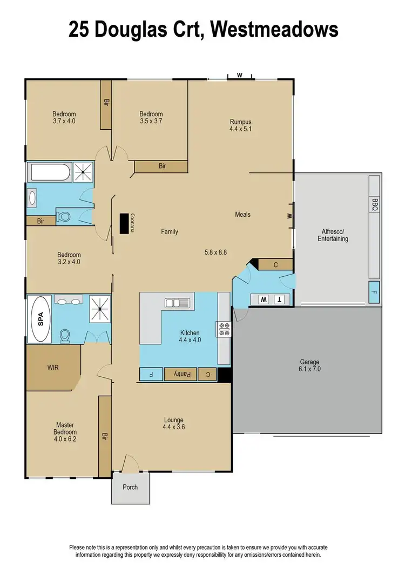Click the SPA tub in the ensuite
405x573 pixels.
click(39, 319)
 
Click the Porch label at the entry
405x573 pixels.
click(130, 487)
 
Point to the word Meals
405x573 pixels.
click(242, 215)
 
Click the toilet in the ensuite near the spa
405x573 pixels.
click(65, 336)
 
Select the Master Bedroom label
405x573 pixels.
click(65, 429)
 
